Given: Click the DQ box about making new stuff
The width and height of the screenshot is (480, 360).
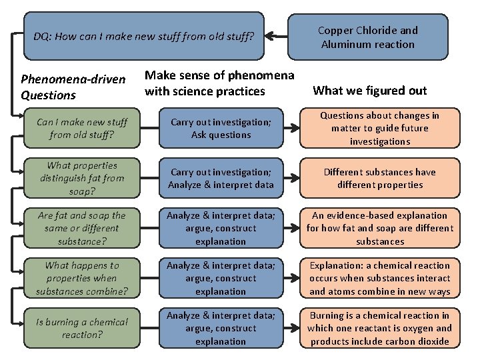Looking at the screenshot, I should click(143, 36).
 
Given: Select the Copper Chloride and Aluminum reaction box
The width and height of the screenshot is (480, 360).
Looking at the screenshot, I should click(367, 37).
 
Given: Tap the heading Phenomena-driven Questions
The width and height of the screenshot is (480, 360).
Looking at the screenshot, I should click(73, 87).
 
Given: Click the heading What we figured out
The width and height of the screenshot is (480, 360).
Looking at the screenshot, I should click(369, 90).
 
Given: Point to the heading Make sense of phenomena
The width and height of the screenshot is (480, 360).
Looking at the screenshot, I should click(219, 83).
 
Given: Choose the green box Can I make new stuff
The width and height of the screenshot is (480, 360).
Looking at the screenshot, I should click(83, 128).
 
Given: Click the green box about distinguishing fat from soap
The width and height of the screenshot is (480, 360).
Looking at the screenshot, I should click(83, 178).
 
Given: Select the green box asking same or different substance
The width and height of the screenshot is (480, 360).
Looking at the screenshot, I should click(83, 228).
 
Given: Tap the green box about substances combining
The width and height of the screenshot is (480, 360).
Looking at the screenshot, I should click(83, 278).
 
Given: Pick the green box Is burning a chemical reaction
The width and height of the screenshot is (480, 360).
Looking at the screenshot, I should click(83, 328).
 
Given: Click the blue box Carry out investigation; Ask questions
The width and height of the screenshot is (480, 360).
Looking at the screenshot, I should click(220, 128).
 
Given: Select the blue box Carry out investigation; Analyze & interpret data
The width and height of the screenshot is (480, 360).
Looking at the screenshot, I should click(220, 178).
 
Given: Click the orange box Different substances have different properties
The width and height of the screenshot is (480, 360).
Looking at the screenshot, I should click(379, 178).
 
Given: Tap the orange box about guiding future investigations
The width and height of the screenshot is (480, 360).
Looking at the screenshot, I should click(379, 128).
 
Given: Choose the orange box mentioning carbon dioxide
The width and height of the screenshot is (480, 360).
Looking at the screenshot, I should click(379, 328).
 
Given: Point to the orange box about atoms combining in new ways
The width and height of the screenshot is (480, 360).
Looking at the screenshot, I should click(379, 278).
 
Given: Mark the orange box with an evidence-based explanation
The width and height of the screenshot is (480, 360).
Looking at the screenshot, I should click(379, 228).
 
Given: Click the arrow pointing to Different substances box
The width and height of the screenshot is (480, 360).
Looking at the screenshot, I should click(291, 178).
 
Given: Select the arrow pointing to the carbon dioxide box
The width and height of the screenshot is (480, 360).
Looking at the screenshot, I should click(291, 328).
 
